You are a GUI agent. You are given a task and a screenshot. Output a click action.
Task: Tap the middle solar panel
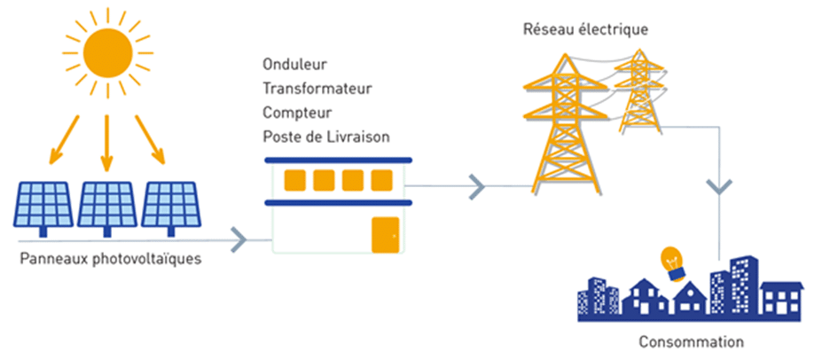(107, 205)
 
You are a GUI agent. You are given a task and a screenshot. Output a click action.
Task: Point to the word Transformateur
(317, 89)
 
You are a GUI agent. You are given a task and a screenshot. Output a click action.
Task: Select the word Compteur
(296, 113)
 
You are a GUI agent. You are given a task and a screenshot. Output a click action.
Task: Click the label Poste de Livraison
(325, 137)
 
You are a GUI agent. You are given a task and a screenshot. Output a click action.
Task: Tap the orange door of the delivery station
(385, 233)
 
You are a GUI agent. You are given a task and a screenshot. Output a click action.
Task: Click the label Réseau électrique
(585, 29)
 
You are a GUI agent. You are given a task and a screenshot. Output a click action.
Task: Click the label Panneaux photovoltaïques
(108, 260)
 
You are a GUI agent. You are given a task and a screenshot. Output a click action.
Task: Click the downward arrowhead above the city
(718, 188)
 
